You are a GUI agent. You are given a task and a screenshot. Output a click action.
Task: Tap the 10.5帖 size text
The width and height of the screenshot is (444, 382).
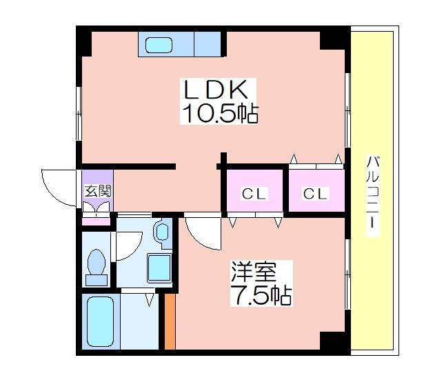[220, 114]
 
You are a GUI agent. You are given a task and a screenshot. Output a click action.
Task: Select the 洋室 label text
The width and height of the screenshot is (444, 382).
[254, 272]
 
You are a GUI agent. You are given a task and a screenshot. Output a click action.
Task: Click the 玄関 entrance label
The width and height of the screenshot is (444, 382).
[98, 191]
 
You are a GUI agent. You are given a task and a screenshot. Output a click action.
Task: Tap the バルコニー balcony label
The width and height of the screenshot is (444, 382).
[372, 192]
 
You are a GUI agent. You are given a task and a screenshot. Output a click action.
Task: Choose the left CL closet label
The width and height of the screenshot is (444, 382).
[254, 194]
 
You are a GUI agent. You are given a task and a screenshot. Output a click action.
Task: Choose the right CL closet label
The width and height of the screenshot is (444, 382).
[315, 194]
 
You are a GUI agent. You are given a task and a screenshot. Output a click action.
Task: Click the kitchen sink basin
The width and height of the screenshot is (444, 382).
[159, 45]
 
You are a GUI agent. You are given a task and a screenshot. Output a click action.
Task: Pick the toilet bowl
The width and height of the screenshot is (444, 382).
[97, 262]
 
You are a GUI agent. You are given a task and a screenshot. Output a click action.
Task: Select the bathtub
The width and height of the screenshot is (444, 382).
[101, 321]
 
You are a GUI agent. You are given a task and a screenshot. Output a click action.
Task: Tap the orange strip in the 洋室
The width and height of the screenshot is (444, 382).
[170, 321]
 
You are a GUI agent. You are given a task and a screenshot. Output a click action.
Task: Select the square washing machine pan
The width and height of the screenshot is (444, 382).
[159, 268]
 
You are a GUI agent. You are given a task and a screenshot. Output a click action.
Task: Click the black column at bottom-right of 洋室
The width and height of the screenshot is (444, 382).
[333, 341]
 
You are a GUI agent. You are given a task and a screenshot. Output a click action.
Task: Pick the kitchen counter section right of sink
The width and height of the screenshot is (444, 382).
[208, 44]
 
